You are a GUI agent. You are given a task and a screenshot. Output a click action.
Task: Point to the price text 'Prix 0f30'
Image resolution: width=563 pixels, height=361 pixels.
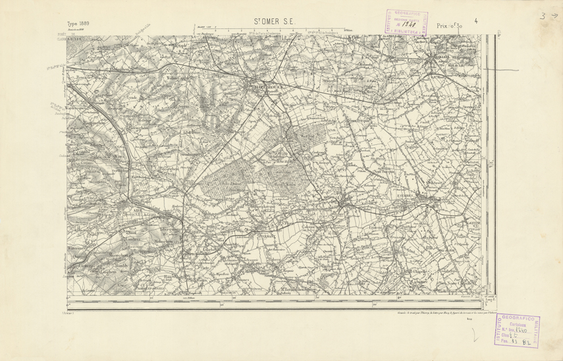pyautogui.click(x=449, y=25)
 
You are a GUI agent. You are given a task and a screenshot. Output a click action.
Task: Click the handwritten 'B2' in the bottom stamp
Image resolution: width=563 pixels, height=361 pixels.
pyautogui.click(x=527, y=342)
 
